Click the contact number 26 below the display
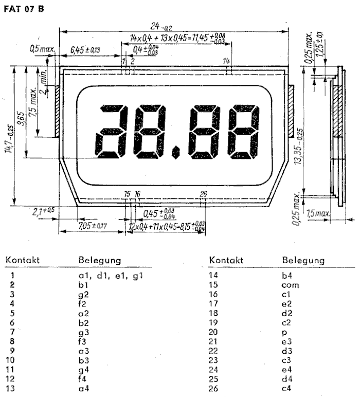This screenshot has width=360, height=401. pyautogui.click(x=203, y=194)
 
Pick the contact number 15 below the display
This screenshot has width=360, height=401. pyautogui.click(x=127, y=194)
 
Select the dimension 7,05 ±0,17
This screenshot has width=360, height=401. pyautogui.click(x=93, y=226)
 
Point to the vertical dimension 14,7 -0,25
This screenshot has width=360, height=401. pyautogui.click(x=12, y=139)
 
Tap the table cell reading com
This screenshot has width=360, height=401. pyautogui.click(x=290, y=284)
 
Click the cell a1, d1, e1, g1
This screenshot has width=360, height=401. pyautogui.click(x=107, y=276)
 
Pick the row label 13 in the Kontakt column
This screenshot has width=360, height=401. pyautogui.click(x=11, y=388)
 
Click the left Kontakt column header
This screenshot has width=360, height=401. pyautogui.click(x=23, y=260)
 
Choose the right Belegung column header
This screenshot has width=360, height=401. pyautogui.click(x=303, y=260)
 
